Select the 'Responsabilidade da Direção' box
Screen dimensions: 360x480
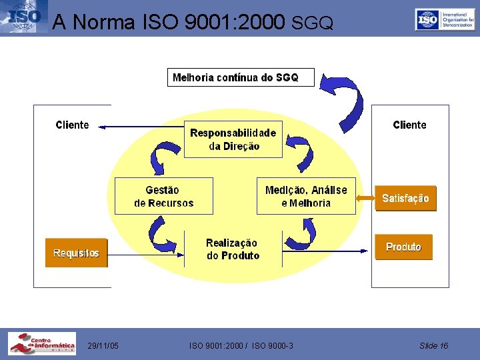(233, 139)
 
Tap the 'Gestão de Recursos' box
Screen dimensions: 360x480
(163, 196)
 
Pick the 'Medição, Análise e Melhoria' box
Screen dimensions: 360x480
(306, 196)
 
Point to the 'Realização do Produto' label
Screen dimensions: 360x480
(232, 249)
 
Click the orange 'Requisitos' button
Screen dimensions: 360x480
(76, 253)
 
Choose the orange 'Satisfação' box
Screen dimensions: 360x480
(405, 198)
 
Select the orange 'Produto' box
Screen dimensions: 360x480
(403, 247)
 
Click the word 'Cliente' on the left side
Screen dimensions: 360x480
(72, 125)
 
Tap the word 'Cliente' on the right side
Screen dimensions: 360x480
(409, 125)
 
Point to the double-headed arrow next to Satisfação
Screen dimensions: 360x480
(365, 198)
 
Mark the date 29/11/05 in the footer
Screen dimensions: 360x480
(103, 345)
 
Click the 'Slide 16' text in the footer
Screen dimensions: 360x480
(433, 345)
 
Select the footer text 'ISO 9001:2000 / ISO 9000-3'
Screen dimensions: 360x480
(241, 345)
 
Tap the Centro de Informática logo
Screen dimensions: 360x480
(41, 343)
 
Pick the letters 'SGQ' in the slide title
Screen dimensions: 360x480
(312, 23)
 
